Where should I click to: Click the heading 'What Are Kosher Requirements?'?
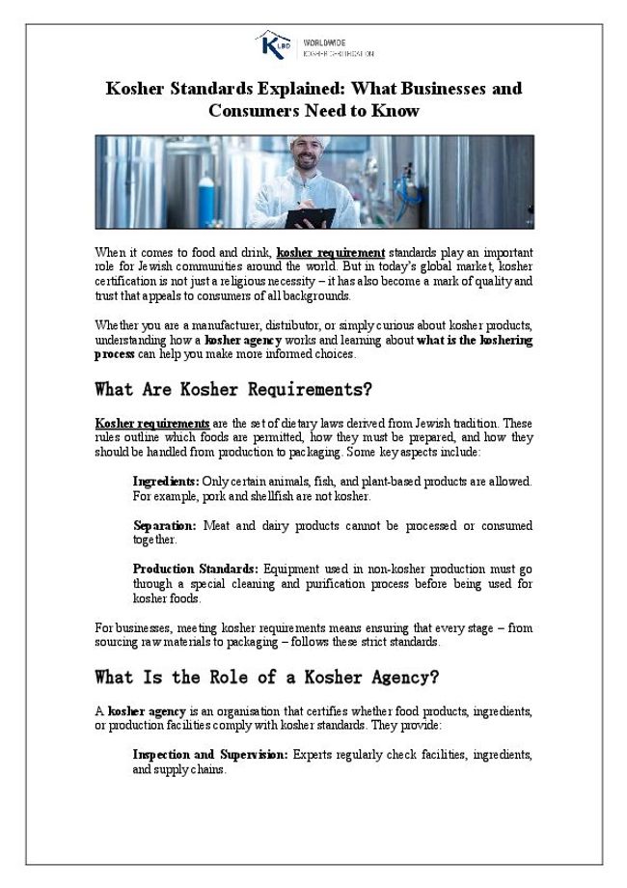[x=233, y=390]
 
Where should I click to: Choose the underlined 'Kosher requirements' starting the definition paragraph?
[x=152, y=424]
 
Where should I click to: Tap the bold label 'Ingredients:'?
[x=166, y=481]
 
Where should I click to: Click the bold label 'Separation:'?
[x=164, y=526]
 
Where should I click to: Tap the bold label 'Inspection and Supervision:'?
[x=209, y=754]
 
